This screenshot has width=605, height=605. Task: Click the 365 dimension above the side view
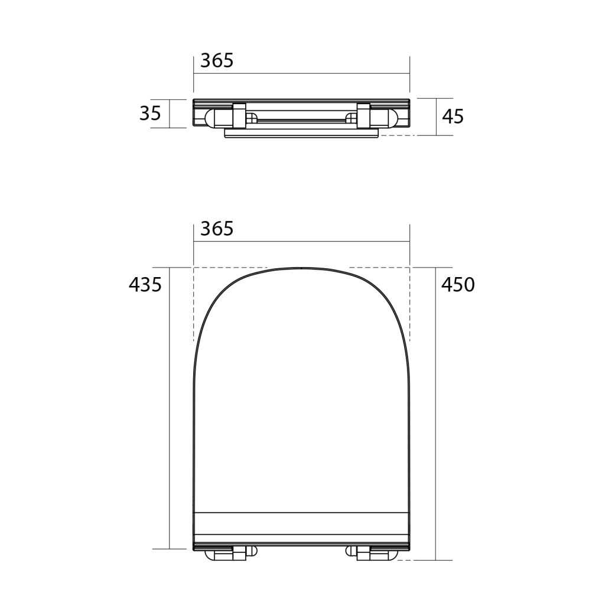click(217, 61)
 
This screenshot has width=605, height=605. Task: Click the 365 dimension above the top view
click(217, 229)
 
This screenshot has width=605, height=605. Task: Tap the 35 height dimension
click(150, 113)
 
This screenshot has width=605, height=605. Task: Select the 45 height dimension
click(453, 116)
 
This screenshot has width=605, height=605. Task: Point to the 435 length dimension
click(145, 285)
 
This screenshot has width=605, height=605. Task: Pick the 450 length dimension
click(458, 285)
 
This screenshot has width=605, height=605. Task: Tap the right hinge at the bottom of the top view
click(371, 553)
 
